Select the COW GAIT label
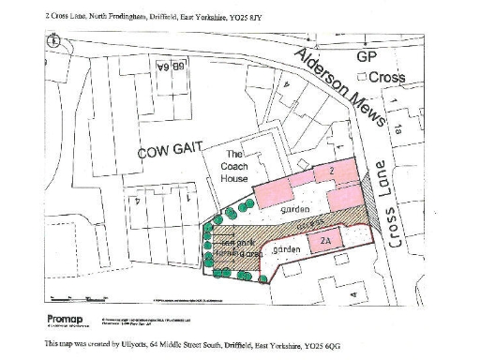tap(166, 151)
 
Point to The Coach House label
tap(235, 168)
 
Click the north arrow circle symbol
tap(54, 40)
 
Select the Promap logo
tap(65, 320)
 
